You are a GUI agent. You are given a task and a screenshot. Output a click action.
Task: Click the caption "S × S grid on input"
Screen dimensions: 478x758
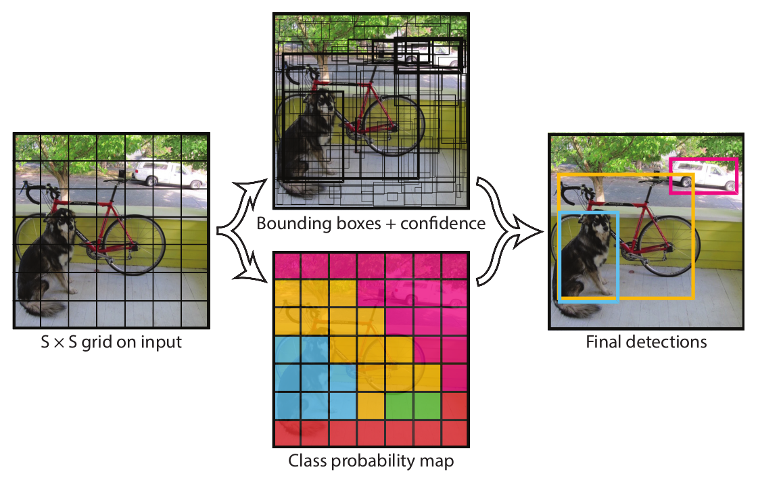[110, 341]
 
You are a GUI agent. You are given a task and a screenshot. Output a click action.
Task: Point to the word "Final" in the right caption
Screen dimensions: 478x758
[602, 341]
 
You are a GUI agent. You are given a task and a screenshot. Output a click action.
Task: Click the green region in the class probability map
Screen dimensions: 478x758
[412, 406]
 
